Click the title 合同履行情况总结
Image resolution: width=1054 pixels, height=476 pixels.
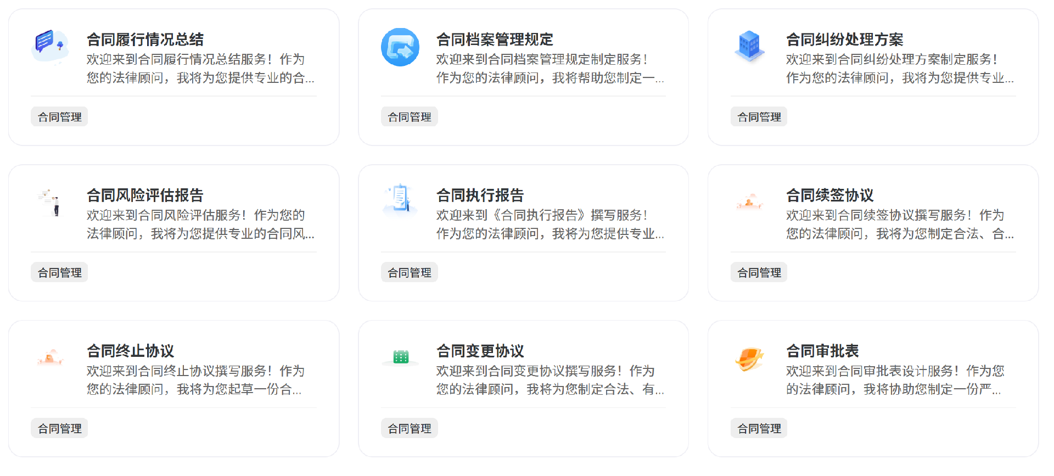click(x=145, y=40)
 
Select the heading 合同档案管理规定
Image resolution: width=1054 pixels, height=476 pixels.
click(x=495, y=40)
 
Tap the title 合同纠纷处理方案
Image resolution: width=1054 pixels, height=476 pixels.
click(x=844, y=40)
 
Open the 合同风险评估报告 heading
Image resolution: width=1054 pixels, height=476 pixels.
click(x=145, y=195)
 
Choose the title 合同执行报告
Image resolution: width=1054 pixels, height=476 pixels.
click(x=480, y=195)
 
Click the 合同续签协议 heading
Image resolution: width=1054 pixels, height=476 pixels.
click(x=829, y=195)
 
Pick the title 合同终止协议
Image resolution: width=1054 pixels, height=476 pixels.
click(x=130, y=351)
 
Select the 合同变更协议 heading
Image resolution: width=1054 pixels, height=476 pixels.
click(x=480, y=351)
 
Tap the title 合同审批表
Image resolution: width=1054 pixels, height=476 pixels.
click(x=822, y=351)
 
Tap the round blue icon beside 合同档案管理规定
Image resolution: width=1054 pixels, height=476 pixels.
click(x=400, y=47)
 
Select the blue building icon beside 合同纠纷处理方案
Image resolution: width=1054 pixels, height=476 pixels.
click(x=749, y=46)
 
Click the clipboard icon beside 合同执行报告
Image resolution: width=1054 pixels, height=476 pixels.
click(x=400, y=199)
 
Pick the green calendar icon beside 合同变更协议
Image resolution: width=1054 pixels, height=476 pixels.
click(x=401, y=357)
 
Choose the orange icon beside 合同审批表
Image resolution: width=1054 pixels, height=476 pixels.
click(x=749, y=359)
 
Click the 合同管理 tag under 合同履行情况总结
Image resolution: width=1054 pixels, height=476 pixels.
click(x=59, y=117)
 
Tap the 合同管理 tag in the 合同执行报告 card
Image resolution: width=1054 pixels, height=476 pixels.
click(x=409, y=272)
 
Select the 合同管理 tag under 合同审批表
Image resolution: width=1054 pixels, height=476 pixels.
click(x=759, y=428)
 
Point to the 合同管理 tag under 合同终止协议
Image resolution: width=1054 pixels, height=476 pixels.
click(x=59, y=428)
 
